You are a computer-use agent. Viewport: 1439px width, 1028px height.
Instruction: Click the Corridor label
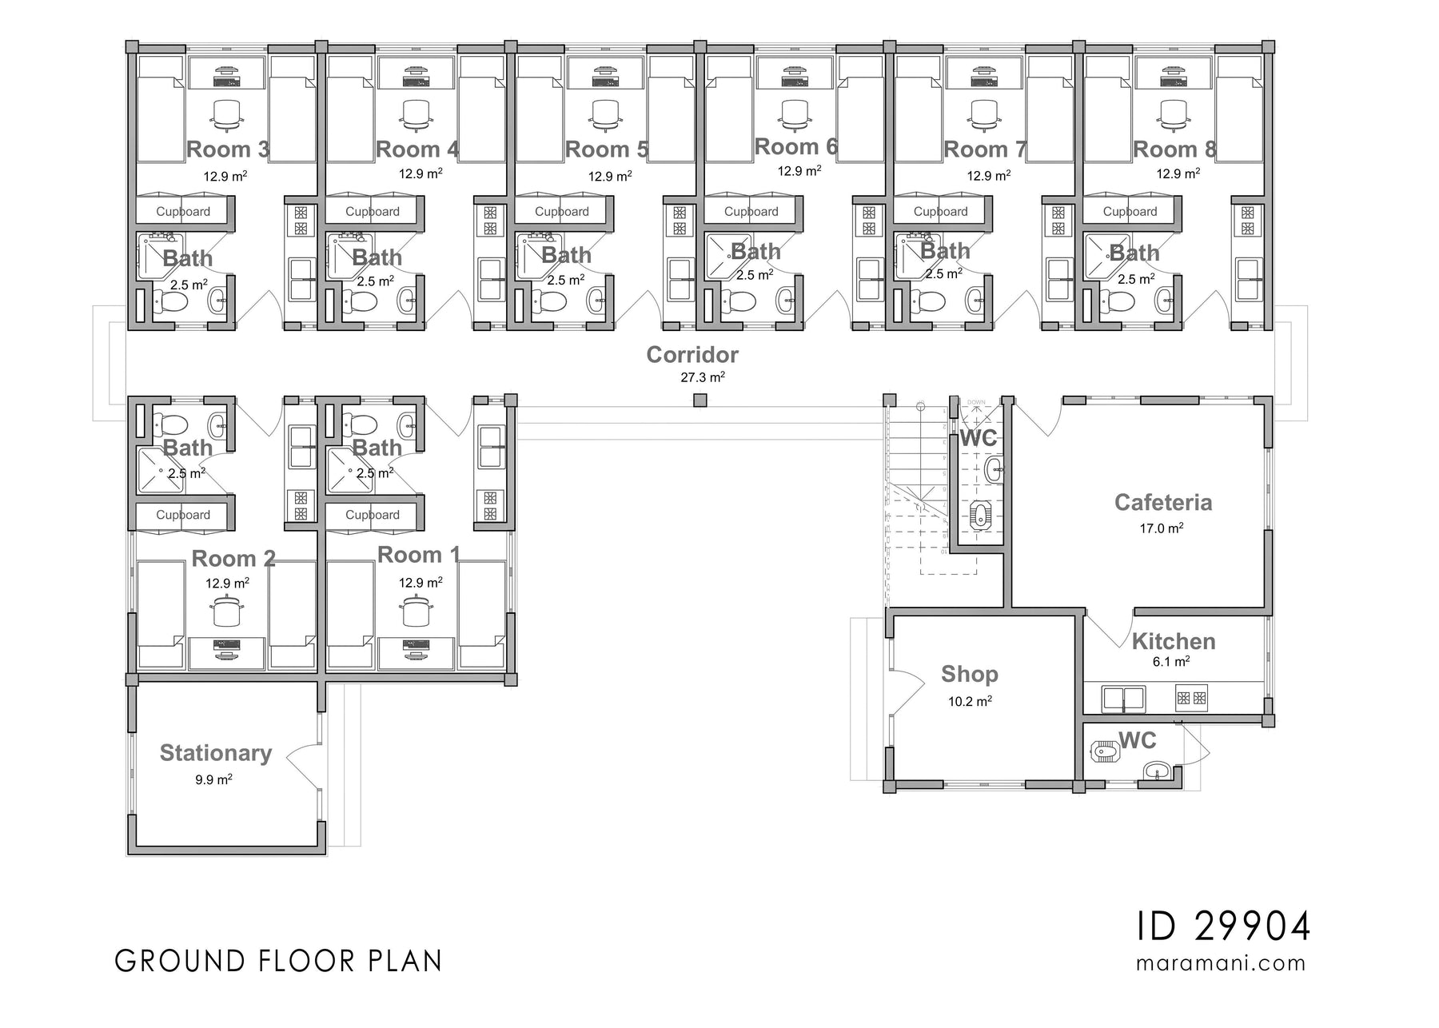pos(692,355)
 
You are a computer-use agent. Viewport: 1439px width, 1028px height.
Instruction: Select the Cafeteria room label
pos(1162,503)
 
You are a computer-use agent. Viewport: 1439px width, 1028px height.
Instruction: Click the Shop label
pos(969,675)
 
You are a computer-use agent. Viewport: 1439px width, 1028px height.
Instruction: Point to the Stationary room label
pos(215,753)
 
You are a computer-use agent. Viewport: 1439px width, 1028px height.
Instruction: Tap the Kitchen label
pos(1173,642)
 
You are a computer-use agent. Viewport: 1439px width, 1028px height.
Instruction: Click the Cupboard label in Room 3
pos(183,212)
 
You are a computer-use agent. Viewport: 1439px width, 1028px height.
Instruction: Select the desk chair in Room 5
pos(604,114)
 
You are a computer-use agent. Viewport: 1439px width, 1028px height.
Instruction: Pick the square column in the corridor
pos(700,400)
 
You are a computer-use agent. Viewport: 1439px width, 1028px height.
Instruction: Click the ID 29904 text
pos(1223,927)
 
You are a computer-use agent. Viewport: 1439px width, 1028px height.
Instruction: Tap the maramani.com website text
pos(1221,963)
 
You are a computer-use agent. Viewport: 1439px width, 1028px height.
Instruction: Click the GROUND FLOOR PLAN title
pos(278,961)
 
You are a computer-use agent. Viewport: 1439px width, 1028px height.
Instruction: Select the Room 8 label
pos(1174,149)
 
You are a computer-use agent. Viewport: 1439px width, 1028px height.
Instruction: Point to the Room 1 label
pos(418,555)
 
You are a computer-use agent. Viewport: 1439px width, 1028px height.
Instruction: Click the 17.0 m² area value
pos(1161,528)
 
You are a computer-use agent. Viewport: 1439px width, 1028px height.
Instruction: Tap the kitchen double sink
pos(1123,699)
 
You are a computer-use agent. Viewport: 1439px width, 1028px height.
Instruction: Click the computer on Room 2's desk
pos(226,650)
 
